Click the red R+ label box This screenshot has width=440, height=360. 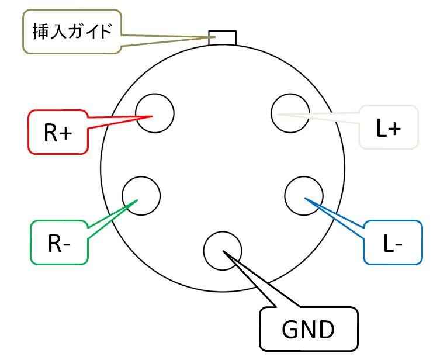58,133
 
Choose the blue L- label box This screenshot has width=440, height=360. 392,243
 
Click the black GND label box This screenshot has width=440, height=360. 308,328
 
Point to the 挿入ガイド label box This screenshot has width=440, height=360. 71,32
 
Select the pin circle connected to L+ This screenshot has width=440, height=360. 290,113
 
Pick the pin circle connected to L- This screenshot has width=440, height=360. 304,195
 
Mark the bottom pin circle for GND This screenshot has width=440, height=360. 222,251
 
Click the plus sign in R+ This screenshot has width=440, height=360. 65,133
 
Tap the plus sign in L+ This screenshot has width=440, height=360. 394,129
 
